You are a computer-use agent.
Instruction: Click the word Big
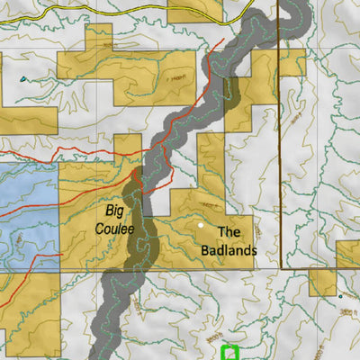pos(114,211)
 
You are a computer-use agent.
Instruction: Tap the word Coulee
pos(114,229)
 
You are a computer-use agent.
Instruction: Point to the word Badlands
pos(229,249)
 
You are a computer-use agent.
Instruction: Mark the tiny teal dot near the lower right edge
pos(341,295)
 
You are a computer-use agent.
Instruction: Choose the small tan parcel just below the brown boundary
pos(322,282)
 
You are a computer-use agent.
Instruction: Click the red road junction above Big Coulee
pos(137,170)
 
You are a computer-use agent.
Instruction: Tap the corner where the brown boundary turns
pos(282,267)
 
